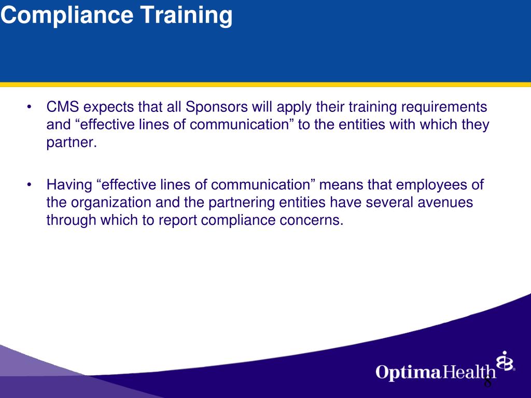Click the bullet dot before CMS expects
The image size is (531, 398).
(x=30, y=108)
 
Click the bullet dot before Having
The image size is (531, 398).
(x=30, y=185)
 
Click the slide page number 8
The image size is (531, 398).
(x=487, y=383)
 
